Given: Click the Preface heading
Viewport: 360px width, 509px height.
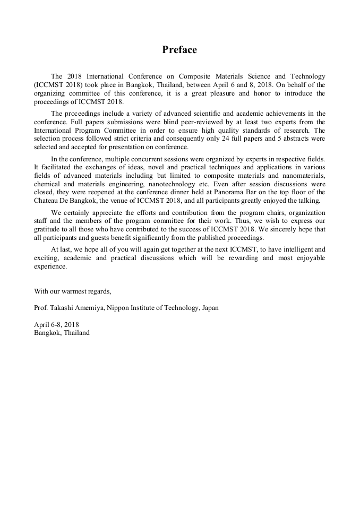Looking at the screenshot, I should [179, 50].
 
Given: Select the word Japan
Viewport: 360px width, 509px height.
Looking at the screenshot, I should [209, 308].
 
